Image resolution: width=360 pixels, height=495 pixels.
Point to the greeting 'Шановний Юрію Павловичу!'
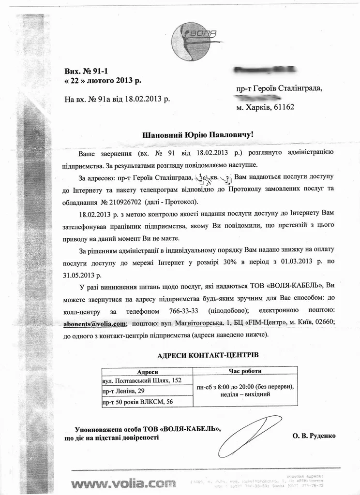pos(197,135)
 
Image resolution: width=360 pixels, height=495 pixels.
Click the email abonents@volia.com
pos(94,322)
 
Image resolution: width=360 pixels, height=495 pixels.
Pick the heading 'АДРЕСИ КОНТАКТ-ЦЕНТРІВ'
pos(208,355)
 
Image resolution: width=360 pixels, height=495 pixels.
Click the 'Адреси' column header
pos(148,372)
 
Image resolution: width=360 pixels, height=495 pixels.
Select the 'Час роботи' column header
pos(245,371)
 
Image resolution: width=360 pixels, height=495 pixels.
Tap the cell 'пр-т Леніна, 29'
pos(124,391)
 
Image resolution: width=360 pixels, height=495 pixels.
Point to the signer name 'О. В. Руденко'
pos(314,436)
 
